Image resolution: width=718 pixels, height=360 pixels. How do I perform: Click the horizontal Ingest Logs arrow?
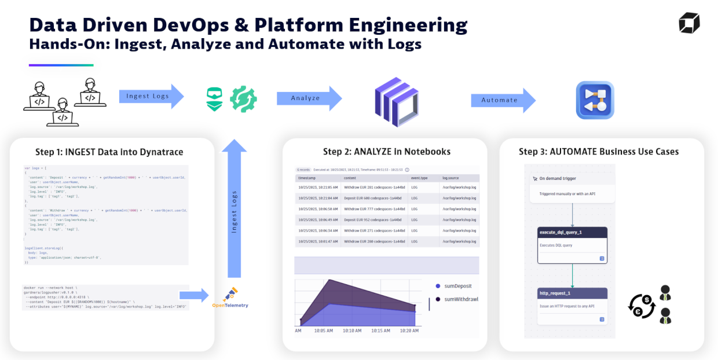point(151,96)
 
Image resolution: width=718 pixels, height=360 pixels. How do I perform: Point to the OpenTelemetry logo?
point(230,297)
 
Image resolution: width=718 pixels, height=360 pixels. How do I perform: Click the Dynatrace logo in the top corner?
point(689,23)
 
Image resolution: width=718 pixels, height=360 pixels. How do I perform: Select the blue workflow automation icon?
point(595,100)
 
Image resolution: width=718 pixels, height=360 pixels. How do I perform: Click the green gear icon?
point(243,99)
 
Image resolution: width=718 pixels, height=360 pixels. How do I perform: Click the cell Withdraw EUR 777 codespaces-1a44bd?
point(374,209)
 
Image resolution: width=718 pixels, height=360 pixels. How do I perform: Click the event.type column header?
point(419,178)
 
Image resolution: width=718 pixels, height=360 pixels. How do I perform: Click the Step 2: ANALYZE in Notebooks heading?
point(387,152)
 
